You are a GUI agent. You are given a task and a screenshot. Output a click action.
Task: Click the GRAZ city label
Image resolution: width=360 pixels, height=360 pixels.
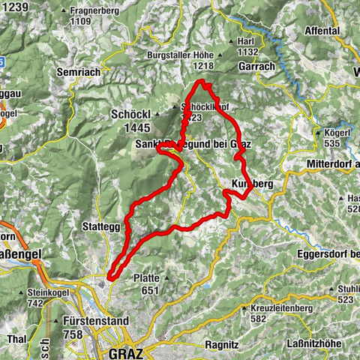[125, 352]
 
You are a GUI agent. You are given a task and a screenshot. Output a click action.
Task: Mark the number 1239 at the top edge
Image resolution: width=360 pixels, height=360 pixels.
[14, 6]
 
